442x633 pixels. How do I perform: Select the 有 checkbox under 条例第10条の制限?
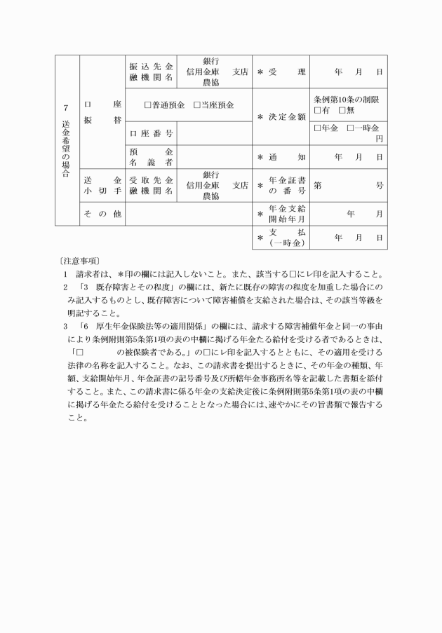[x=318, y=111]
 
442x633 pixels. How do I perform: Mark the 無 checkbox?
[x=342, y=111]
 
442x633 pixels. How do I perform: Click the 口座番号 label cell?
[x=150, y=132]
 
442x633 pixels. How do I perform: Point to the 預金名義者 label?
[x=150, y=157]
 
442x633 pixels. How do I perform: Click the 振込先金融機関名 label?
[x=150, y=72]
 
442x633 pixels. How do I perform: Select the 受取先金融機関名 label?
[x=150, y=185]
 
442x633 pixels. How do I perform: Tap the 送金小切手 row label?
[x=102, y=185]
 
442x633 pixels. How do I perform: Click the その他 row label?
[x=102, y=214]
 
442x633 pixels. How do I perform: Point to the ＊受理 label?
[x=281, y=72]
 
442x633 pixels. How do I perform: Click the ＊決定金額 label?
[x=281, y=116]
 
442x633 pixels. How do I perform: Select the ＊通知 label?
[x=281, y=157]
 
